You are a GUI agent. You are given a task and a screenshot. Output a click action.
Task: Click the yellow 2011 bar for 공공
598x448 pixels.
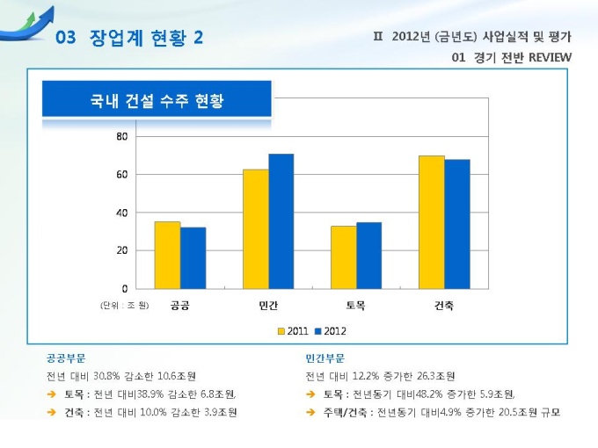click(x=167, y=255)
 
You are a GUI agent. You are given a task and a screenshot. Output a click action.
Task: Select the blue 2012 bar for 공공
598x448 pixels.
click(x=193, y=257)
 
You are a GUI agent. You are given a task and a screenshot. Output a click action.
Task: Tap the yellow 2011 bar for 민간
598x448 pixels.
click(x=255, y=228)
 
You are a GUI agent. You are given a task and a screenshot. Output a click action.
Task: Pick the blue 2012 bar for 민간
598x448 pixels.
click(x=281, y=220)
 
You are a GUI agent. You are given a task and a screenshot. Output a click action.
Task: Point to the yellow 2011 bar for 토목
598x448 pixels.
click(x=343, y=257)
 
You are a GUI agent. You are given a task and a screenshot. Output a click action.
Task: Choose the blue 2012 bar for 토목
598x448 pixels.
click(x=368, y=255)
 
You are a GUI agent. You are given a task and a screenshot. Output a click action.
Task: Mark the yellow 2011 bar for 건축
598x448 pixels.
click(x=431, y=221)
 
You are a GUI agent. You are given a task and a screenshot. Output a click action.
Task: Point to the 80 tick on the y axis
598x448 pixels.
click(x=121, y=137)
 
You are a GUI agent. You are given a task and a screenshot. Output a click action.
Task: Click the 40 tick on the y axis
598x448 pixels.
click(x=121, y=213)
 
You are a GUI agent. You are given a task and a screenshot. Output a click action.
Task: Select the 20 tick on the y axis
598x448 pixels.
click(x=121, y=250)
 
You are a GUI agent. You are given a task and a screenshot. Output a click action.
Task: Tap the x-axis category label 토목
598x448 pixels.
click(x=355, y=305)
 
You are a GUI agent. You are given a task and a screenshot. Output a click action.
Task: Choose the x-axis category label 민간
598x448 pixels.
click(x=268, y=305)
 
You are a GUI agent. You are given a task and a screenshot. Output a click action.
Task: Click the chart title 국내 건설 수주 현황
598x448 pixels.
click(x=157, y=100)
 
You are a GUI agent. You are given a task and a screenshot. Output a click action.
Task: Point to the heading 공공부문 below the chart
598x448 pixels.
click(x=67, y=358)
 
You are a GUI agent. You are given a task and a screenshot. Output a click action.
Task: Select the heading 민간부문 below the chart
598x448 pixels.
click(x=325, y=358)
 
